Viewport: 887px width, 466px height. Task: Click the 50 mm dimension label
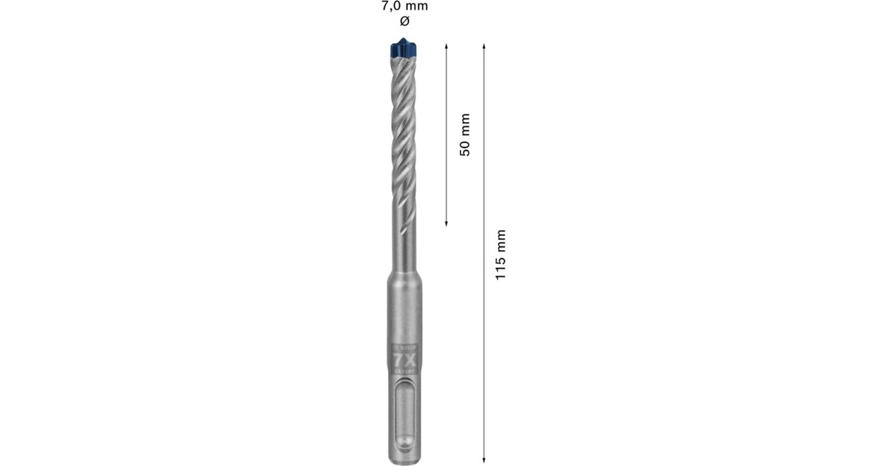tap(465, 134)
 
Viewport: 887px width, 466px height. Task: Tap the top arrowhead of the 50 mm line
tap(447, 47)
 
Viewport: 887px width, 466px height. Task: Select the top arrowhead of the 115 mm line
tap(483, 47)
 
